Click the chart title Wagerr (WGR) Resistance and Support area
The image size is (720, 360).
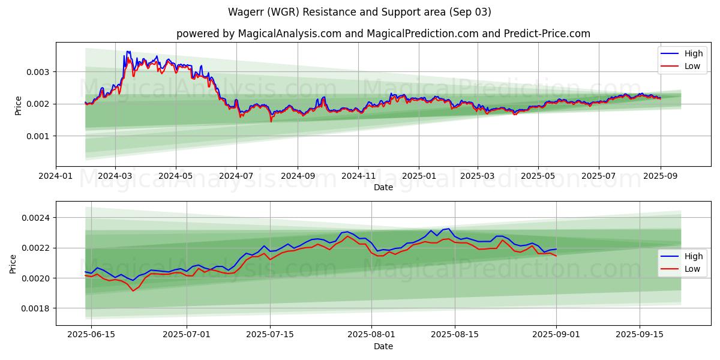click(359, 12)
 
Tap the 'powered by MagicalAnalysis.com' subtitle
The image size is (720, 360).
click(383, 34)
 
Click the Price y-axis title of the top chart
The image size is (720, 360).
click(18, 104)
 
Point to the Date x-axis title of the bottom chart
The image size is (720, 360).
click(383, 346)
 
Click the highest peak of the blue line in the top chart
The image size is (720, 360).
click(127, 52)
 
